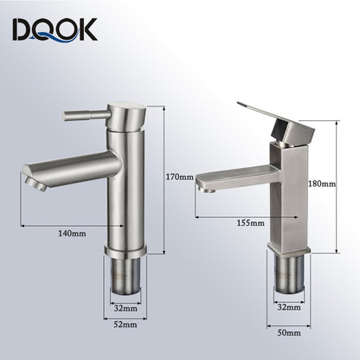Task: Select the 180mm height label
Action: [322, 183]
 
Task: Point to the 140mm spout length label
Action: [73, 233]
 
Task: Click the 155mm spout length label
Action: [250, 223]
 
